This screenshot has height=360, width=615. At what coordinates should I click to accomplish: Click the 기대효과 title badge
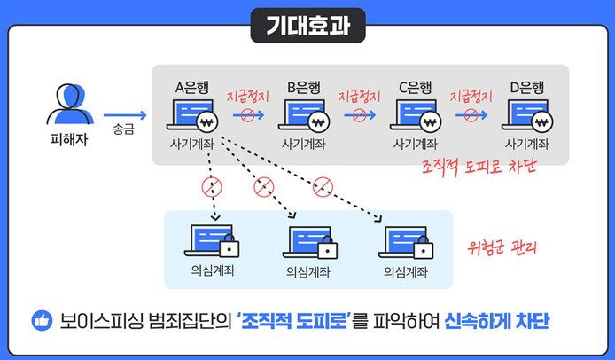point(307,25)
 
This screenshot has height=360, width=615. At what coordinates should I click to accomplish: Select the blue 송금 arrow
point(124,114)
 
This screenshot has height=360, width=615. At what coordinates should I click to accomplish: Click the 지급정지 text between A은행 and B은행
point(248,96)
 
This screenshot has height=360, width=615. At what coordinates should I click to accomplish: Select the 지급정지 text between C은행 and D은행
point(471,96)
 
